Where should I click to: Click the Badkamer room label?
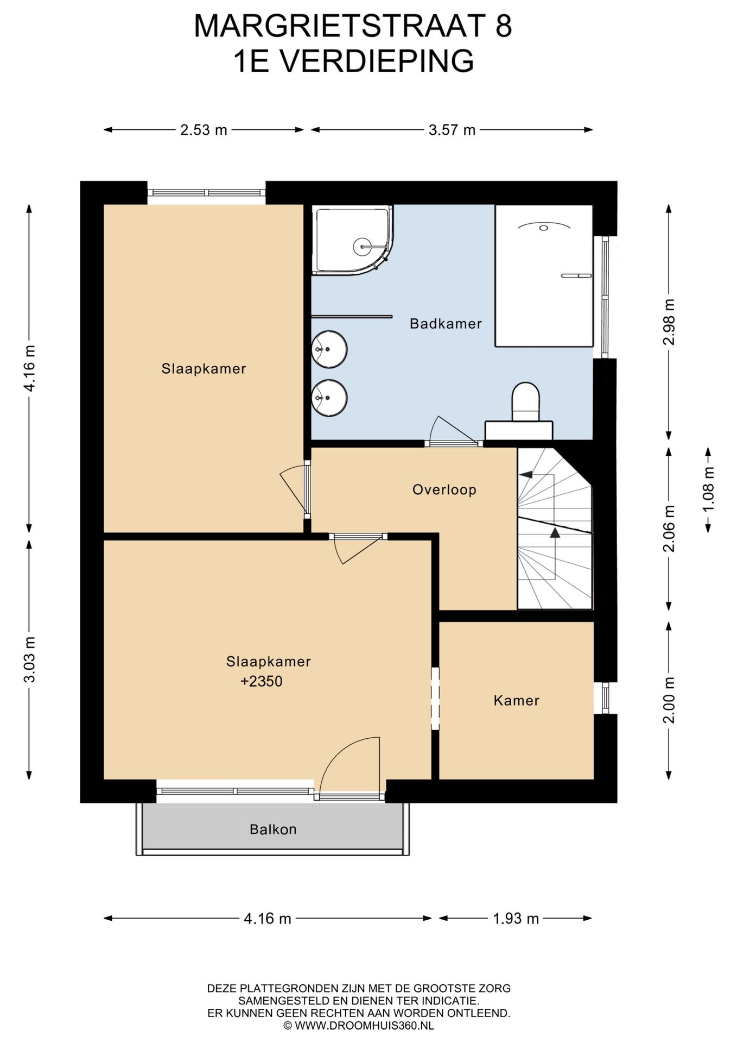click(446, 324)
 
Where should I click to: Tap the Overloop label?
click(444, 489)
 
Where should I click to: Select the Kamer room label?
click(516, 700)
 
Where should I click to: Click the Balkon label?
click(273, 830)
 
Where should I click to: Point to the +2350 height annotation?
click(262, 681)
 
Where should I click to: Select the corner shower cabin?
click(354, 240)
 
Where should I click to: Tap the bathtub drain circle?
click(544, 228)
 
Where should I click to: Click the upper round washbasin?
click(329, 349)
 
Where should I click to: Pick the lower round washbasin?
click(329, 398)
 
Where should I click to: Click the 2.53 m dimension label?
click(204, 130)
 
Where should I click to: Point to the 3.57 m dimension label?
click(452, 130)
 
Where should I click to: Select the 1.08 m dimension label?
click(709, 489)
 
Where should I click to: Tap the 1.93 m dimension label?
click(516, 919)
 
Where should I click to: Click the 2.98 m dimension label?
click(669, 322)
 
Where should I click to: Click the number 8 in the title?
click(503, 26)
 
